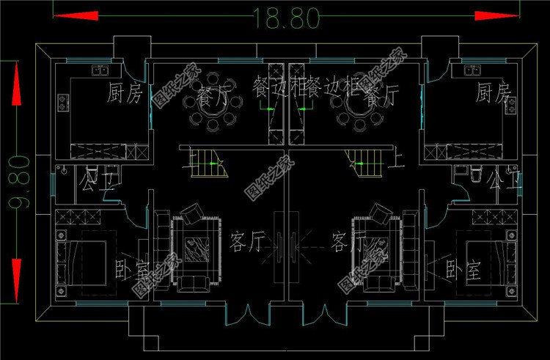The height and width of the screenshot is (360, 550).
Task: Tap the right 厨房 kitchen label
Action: pyautogui.click(x=492, y=93)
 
